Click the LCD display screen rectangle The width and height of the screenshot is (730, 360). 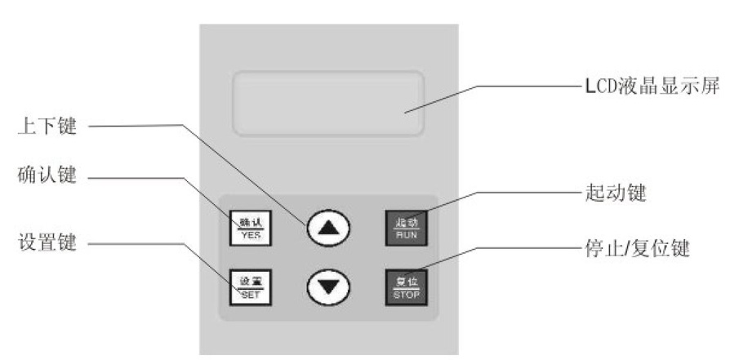tap(328, 103)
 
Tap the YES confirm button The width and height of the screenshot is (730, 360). tap(250, 226)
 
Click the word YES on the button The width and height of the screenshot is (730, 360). tap(250, 233)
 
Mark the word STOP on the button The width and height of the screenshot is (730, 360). tap(406, 292)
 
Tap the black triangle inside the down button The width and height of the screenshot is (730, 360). tap(328, 287)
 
